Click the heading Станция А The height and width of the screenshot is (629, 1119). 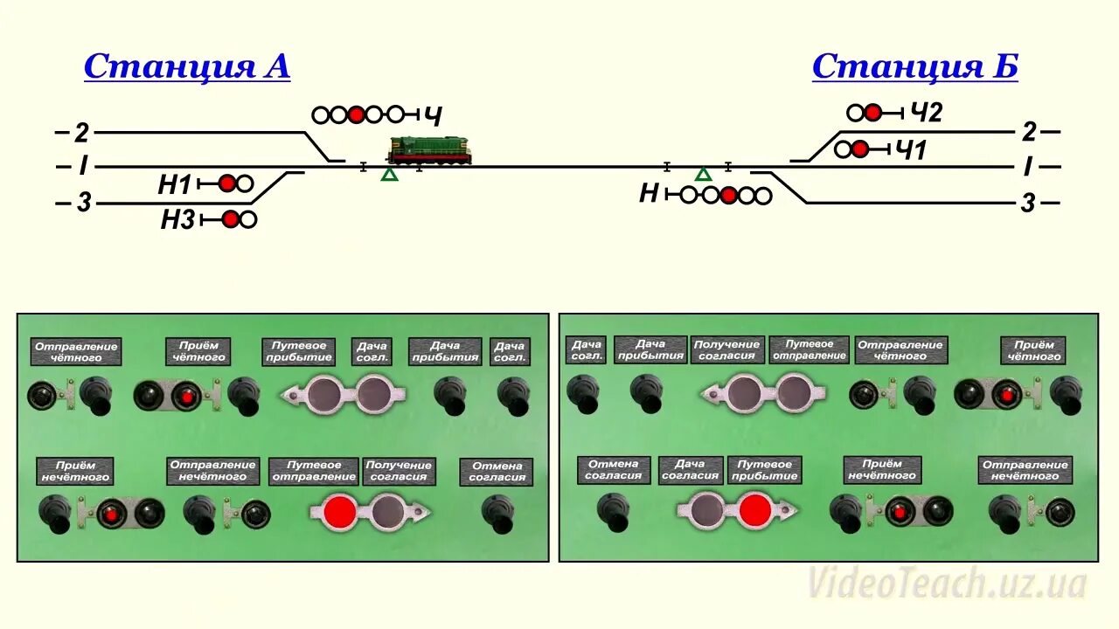(x=186, y=66)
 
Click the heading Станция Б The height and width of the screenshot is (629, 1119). (x=914, y=66)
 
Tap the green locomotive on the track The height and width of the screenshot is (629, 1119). (x=429, y=150)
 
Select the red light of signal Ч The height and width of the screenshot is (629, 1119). (x=356, y=114)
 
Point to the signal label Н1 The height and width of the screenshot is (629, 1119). (x=174, y=184)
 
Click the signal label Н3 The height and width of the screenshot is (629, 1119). (x=177, y=220)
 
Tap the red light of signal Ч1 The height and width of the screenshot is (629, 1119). (x=860, y=149)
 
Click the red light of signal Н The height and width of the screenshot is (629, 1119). (x=728, y=195)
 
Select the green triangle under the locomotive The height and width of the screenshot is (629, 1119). (x=389, y=175)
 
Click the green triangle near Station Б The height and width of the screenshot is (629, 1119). (x=703, y=175)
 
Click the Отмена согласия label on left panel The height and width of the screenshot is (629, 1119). (x=497, y=472)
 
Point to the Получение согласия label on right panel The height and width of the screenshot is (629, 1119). (x=727, y=349)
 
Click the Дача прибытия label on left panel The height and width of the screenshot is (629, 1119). (x=445, y=351)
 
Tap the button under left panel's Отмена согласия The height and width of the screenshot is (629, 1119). (x=499, y=513)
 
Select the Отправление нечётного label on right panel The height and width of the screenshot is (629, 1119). (x=1025, y=470)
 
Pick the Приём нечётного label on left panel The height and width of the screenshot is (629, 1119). (x=76, y=471)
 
